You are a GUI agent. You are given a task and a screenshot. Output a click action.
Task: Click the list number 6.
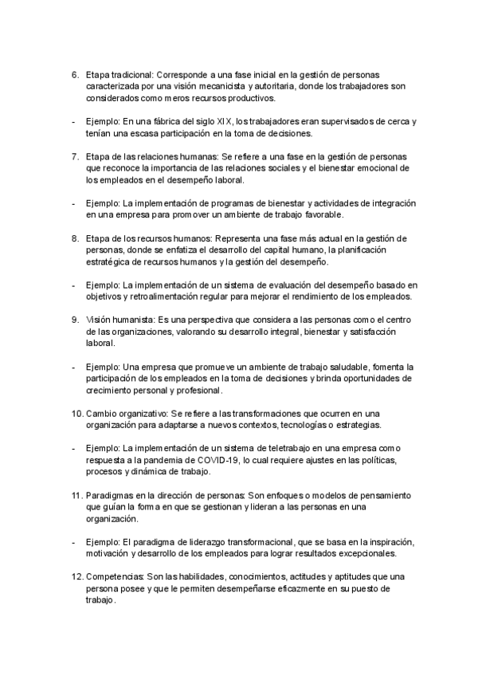point(74,75)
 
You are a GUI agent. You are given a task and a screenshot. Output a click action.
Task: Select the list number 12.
point(76,576)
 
